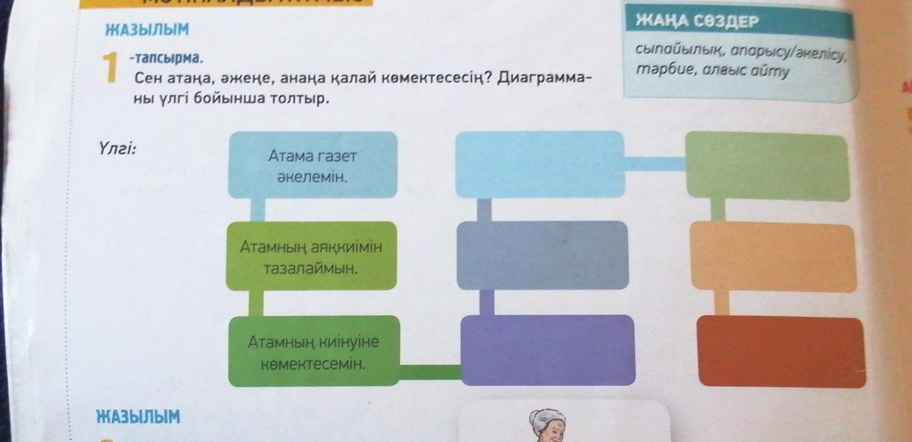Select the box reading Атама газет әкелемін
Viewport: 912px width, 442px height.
(x=312, y=165)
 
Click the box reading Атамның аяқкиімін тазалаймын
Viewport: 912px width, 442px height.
(x=311, y=257)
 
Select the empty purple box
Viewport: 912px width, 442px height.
(x=548, y=350)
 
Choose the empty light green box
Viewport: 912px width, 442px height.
(x=767, y=166)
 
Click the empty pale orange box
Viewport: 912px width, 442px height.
(x=772, y=258)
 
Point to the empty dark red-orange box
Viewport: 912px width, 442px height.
(x=780, y=352)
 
